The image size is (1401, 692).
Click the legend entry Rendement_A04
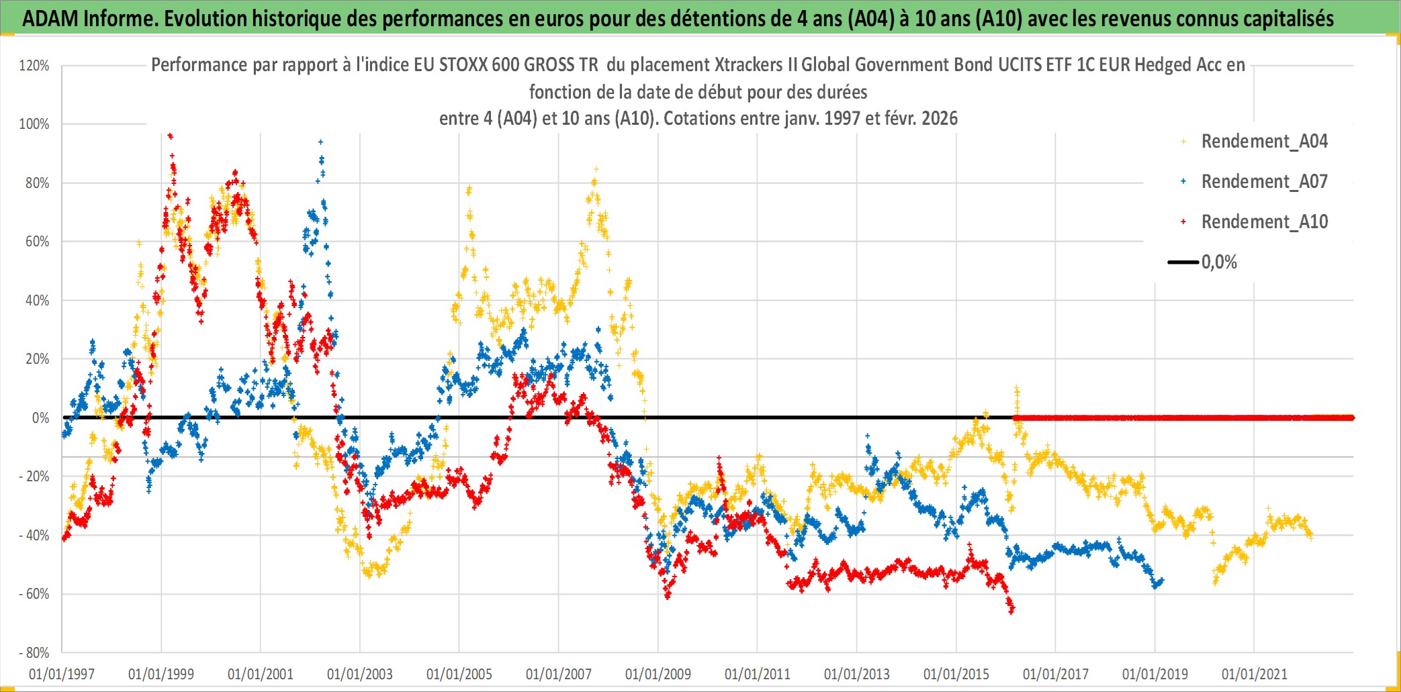[1263, 142]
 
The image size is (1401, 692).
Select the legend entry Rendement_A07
[1263, 182]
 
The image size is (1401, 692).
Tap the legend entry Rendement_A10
[1263, 222]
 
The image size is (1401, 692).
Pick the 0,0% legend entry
[1218, 262]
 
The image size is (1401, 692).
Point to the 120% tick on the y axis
[34, 66]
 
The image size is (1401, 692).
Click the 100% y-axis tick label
[34, 124]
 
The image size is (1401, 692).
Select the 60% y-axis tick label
[38, 242]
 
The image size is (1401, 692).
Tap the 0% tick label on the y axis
[40, 418]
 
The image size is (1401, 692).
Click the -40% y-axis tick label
[34, 536]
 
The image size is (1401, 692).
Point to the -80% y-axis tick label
[34, 653]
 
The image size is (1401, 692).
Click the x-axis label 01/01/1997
[62, 674]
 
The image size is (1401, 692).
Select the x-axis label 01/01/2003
[360, 674]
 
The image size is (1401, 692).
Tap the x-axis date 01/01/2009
[658, 674]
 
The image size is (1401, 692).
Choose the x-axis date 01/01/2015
[956, 674]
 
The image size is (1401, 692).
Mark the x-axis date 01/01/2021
[1255, 674]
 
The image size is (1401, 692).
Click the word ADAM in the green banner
[50, 19]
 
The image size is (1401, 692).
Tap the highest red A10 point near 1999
[170, 136]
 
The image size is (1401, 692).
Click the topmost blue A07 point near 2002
[320, 142]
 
